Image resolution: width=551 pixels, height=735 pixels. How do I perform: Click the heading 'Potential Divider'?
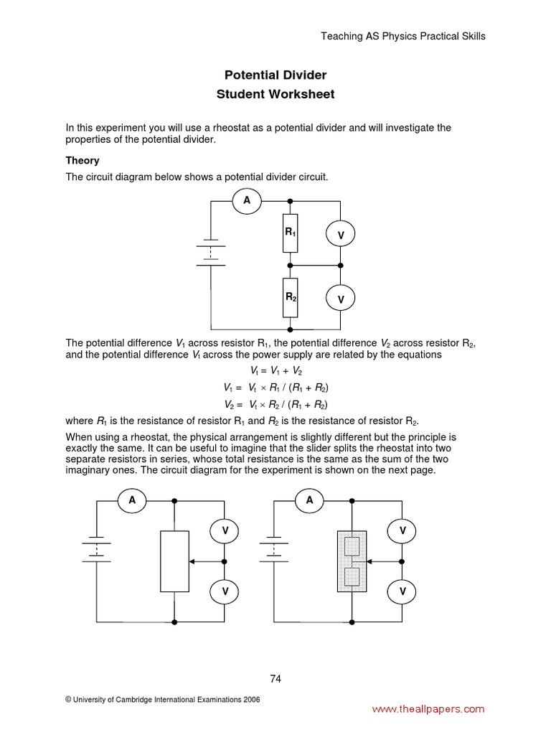click(x=275, y=75)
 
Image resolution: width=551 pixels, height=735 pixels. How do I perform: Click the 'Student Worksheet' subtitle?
click(x=275, y=95)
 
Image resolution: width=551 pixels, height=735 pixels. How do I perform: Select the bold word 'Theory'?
click(x=83, y=161)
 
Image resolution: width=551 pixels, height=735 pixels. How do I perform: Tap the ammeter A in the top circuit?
click(x=247, y=201)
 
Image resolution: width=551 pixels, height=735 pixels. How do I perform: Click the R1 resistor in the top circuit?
click(x=290, y=233)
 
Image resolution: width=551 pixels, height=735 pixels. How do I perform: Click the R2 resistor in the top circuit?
click(x=290, y=297)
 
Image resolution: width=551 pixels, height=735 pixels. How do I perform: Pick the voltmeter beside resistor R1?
click(x=341, y=235)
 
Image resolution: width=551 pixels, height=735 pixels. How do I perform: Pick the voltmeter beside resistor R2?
click(x=341, y=298)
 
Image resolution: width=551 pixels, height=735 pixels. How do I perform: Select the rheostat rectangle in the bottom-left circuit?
click(x=174, y=561)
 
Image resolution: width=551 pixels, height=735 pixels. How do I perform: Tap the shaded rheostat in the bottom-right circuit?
click(x=352, y=561)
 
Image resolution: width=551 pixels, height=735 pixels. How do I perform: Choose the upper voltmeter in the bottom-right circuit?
click(x=402, y=531)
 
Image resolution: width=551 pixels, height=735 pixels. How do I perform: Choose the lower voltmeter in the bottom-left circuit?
click(x=225, y=591)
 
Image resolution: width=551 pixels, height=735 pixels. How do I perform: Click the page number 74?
click(x=275, y=678)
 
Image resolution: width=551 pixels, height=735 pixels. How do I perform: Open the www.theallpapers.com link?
click(x=428, y=709)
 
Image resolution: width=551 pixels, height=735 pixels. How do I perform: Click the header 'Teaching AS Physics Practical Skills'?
click(x=402, y=37)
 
